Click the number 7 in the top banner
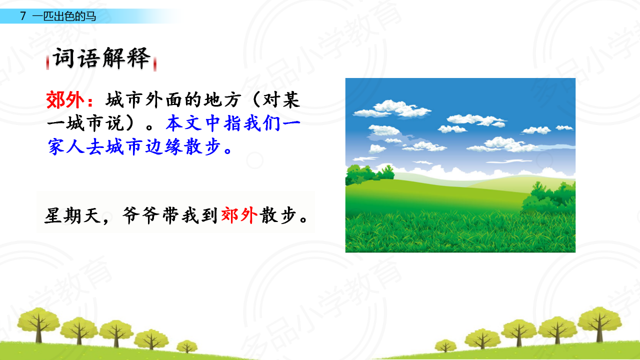[x=23, y=16]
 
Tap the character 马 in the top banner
[x=90, y=16]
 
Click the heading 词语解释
[x=101, y=58]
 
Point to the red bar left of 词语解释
[x=47, y=62]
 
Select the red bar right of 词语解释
[x=155, y=63]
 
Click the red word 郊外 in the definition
[x=65, y=100]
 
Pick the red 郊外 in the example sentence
[x=239, y=215]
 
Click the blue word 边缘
[x=163, y=147]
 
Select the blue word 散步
[x=202, y=147]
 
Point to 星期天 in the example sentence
[x=72, y=215]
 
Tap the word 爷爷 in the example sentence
[x=141, y=215]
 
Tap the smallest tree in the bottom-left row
[x=187, y=346]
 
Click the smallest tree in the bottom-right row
[x=445, y=345]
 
